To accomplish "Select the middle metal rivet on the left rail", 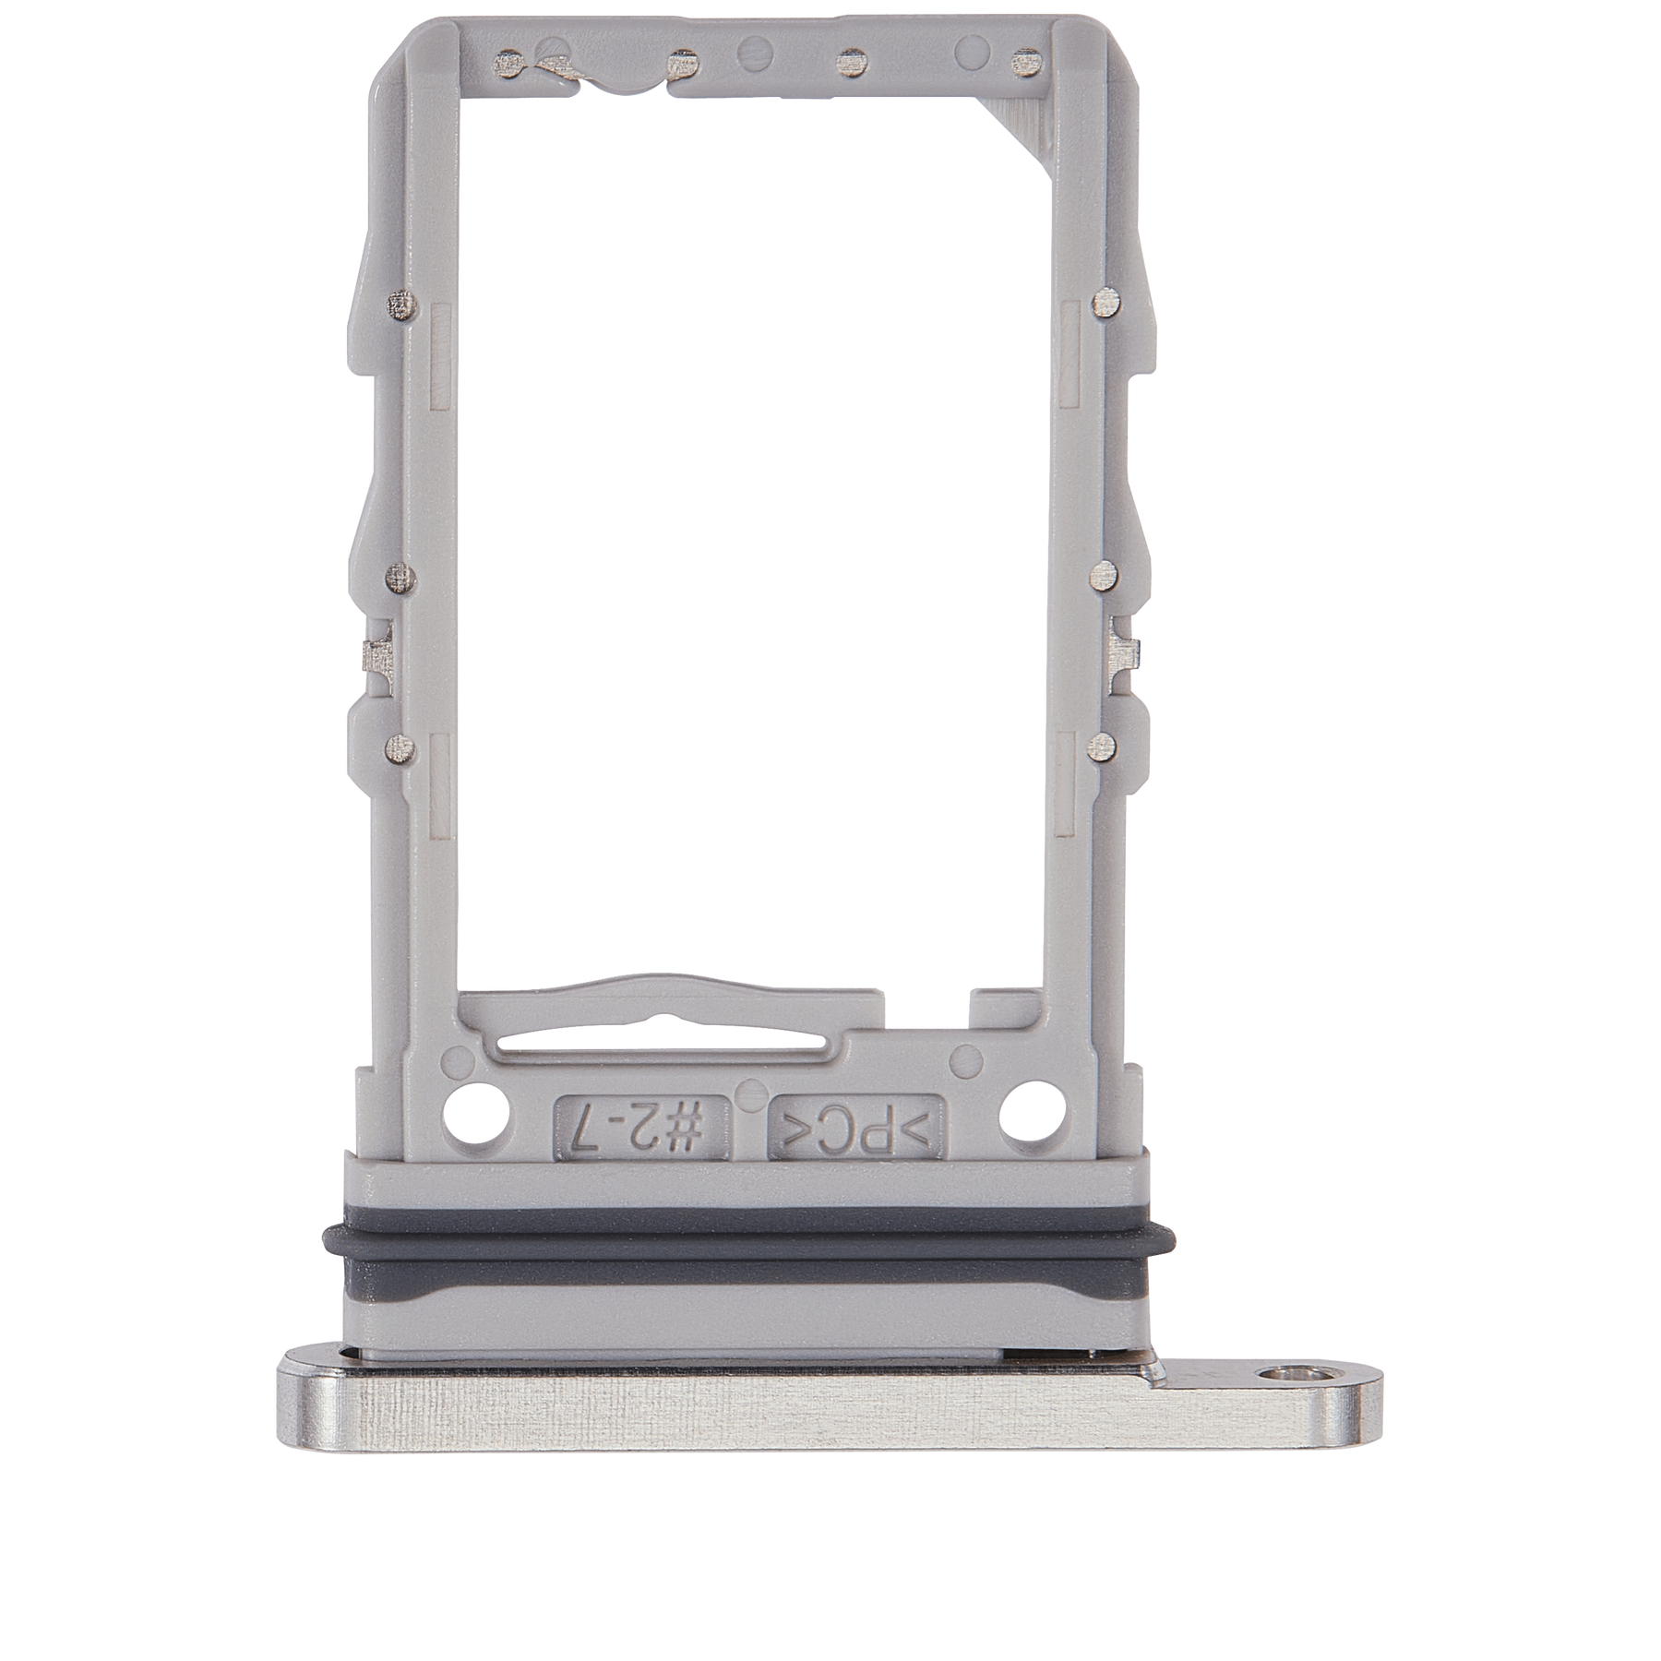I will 399,579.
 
